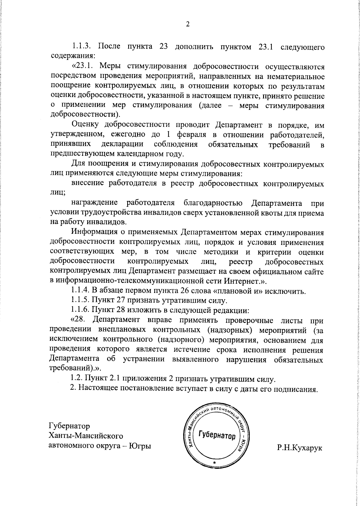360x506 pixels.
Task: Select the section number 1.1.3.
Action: tap(82, 47)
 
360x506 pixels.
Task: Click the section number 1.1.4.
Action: tap(80, 291)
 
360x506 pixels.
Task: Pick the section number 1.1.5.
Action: tap(80, 301)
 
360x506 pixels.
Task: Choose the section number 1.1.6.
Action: tap(80, 310)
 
